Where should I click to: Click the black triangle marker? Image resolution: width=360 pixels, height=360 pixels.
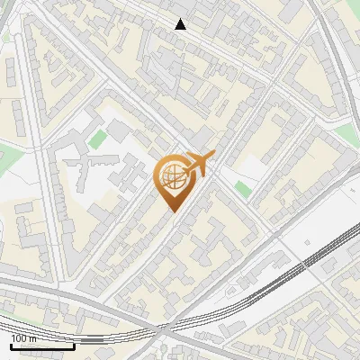pyautogui.click(x=181, y=24)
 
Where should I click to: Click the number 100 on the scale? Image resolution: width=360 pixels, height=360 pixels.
pyautogui.click(x=18, y=338)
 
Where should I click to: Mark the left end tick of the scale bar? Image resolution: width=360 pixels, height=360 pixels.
pyautogui.click(x=11, y=344)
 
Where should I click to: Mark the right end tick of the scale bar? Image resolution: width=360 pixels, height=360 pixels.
pyautogui.click(x=74, y=344)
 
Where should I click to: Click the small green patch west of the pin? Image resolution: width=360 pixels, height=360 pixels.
pyautogui.click(x=97, y=139)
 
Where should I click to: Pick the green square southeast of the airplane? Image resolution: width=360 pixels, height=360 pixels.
pyautogui.click(x=241, y=188)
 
